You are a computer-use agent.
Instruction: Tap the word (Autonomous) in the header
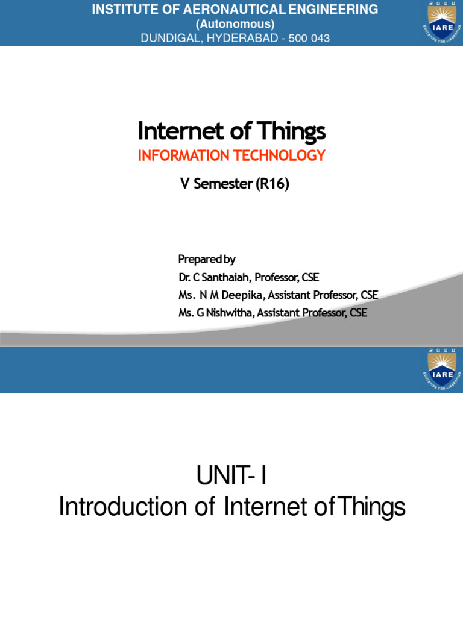pos(235,24)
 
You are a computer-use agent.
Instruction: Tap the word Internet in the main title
pos(175,131)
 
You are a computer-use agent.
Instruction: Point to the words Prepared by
pos(207,259)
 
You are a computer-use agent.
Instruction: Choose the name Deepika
pos(245,295)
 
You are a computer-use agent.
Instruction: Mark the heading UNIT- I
pos(231,478)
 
